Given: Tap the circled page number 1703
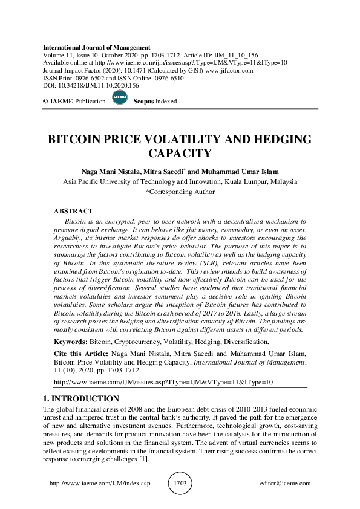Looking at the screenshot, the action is click(180, 484).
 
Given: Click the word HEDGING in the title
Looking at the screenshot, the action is click(280, 139).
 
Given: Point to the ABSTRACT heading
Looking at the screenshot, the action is click(73, 212).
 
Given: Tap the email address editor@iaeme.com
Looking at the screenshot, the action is click(285, 484).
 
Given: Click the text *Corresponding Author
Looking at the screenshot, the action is click(180, 192).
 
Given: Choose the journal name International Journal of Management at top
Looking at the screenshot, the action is click(97, 47).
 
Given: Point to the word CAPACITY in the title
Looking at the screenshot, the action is click(180, 154).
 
